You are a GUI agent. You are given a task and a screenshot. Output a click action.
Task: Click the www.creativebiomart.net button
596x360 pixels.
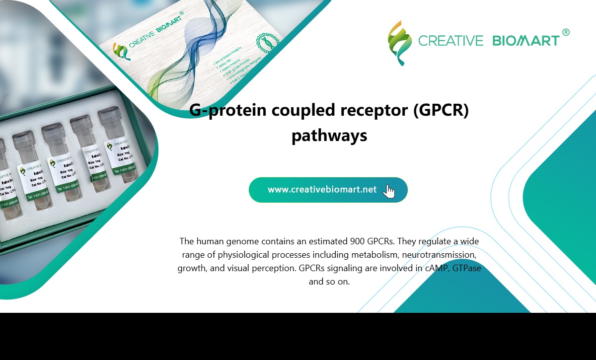tap(322, 190)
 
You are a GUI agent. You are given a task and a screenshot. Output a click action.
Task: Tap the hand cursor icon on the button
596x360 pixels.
tap(389, 191)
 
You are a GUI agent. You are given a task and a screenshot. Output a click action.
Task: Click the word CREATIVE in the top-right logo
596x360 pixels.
tap(450, 41)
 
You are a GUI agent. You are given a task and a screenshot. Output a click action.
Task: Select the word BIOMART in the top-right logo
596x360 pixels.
tap(526, 41)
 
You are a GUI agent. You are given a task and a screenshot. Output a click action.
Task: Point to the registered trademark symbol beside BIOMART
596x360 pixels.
tap(566, 32)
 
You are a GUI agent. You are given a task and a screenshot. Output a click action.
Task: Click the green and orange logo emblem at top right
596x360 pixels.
tap(400, 43)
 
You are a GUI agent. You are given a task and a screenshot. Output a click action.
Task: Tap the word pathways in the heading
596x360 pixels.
tap(329, 135)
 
